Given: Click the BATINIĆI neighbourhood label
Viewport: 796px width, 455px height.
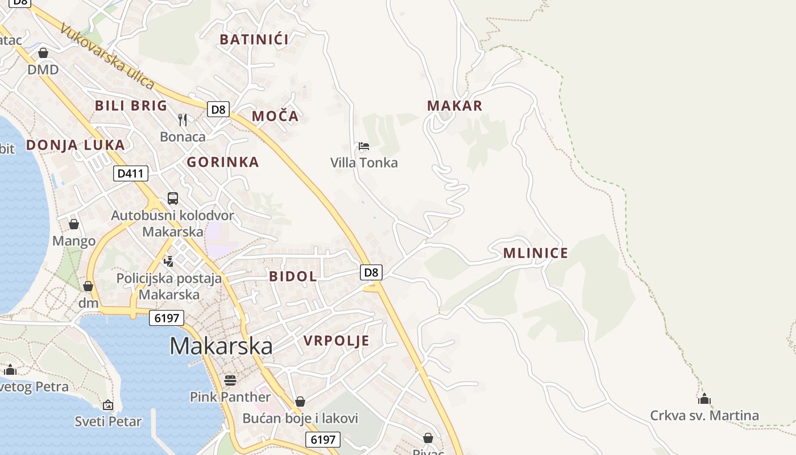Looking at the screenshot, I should (254, 39).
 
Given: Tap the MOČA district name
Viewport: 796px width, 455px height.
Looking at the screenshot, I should (275, 116).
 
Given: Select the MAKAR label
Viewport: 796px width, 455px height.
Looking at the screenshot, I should (454, 105).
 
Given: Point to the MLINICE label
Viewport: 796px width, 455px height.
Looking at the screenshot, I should (536, 253).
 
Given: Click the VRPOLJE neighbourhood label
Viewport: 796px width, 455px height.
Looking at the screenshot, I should (337, 341).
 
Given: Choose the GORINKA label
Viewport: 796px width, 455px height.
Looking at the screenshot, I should (223, 162).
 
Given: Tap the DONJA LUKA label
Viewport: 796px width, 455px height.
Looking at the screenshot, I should (76, 144).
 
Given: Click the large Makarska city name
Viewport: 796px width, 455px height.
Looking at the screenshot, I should (221, 346).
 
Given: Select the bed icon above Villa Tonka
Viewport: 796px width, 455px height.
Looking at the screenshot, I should (364, 146).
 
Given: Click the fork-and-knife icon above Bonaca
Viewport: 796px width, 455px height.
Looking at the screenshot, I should (183, 119).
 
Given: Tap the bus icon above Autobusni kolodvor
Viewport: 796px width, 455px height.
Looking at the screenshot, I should (173, 198).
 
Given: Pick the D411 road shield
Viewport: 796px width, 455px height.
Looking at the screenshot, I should (131, 173).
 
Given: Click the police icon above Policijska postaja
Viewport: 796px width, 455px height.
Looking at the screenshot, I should (168, 261).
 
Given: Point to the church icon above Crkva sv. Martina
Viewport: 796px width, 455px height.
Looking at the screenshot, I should (704, 399).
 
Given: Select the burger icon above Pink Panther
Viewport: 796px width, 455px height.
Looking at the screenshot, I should (230, 380).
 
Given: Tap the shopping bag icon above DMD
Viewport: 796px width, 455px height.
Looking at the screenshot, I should (43, 53).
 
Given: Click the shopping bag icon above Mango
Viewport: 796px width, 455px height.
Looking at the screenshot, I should (74, 224).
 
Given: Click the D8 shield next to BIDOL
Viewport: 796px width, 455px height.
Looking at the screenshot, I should (371, 272).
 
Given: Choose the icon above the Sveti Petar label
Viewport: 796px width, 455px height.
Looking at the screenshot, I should (108, 405).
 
